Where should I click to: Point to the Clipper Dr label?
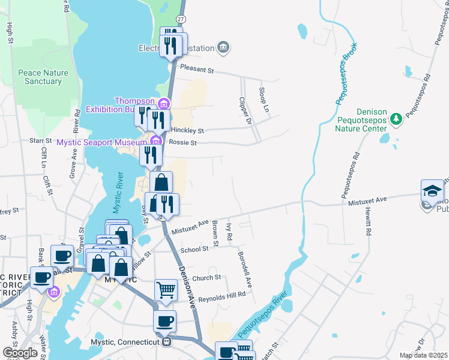[244, 112]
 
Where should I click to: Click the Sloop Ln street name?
[262, 100]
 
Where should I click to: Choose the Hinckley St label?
[188, 130]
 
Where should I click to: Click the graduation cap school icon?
[432, 191]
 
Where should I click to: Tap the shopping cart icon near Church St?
[166, 290]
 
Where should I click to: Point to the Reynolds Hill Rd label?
[222, 295]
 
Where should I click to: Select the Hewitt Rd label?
[367, 222]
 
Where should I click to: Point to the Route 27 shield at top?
[181, 20]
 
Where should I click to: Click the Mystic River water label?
[118, 193]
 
